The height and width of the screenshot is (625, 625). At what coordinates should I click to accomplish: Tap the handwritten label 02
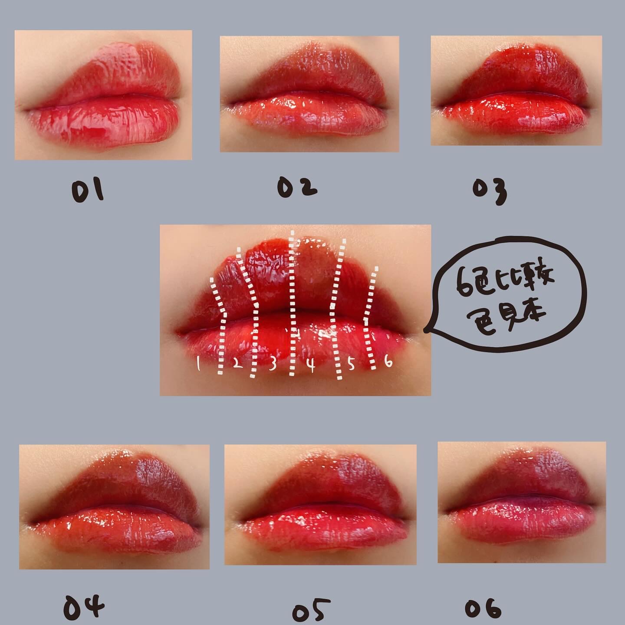pyautogui.click(x=297, y=187)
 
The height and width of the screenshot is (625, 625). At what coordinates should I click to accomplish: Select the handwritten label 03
pyautogui.click(x=490, y=192)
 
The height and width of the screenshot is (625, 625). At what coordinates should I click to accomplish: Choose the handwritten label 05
pyautogui.click(x=311, y=609)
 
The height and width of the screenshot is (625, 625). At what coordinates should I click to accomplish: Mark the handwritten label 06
pyautogui.click(x=483, y=607)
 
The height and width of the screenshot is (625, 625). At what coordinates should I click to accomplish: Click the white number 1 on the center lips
pyautogui.click(x=198, y=364)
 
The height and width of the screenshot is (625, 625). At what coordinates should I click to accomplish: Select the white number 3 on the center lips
pyautogui.click(x=273, y=364)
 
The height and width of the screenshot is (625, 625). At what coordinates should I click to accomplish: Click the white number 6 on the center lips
pyautogui.click(x=388, y=362)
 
